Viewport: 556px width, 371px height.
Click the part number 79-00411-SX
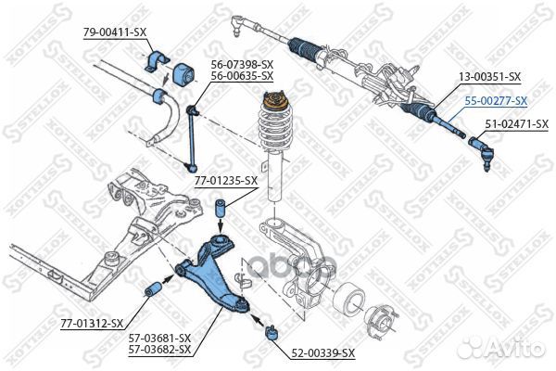click(x=115, y=32)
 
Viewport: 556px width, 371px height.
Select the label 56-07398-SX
click(x=241, y=65)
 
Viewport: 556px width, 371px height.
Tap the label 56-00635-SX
click(x=241, y=75)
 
